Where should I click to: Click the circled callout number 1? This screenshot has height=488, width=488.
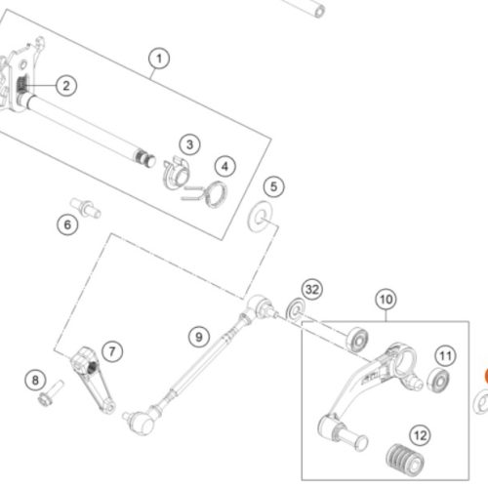(159, 59)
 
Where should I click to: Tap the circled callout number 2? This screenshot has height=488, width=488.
(66, 86)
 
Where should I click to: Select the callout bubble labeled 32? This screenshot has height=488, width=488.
(312, 289)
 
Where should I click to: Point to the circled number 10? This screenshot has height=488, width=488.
(386, 299)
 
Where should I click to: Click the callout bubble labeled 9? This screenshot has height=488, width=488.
(199, 337)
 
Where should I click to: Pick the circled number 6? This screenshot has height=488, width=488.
(67, 224)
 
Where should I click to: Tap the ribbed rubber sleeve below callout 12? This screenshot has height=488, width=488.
(405, 460)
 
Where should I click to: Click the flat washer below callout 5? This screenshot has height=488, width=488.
(260, 217)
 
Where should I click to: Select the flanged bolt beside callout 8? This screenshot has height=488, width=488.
(51, 394)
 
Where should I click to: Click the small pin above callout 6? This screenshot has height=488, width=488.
(86, 208)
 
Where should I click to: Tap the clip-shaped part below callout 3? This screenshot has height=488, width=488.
(176, 174)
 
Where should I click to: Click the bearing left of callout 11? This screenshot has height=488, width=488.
(438, 381)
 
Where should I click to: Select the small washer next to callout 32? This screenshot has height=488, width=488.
(296, 309)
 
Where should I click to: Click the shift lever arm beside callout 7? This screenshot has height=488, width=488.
(93, 380)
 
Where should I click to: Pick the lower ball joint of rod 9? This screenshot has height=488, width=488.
(140, 421)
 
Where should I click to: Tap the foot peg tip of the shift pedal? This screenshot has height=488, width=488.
(345, 432)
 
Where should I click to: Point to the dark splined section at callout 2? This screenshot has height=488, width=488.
(22, 84)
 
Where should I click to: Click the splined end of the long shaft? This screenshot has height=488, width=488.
(144, 157)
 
